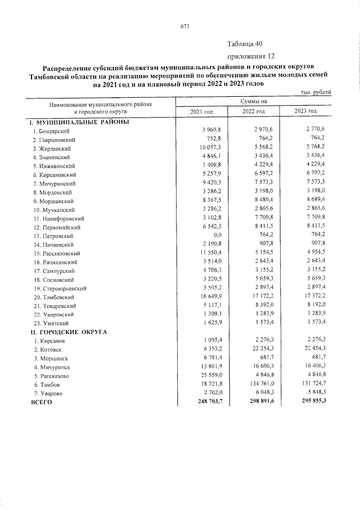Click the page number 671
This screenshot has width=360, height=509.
pyautogui.click(x=184, y=26)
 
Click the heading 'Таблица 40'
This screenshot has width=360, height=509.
pyautogui.click(x=245, y=44)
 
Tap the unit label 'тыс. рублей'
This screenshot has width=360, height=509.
pyautogui.click(x=315, y=92)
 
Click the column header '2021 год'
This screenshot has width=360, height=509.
pyautogui.click(x=202, y=111)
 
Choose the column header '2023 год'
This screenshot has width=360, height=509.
pyautogui.click(x=305, y=111)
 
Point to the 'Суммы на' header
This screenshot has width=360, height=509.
pyautogui.click(x=253, y=101)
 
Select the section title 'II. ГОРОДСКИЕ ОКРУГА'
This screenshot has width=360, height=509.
pyautogui.click(x=70, y=332)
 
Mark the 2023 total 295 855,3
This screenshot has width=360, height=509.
pyautogui.click(x=310, y=402)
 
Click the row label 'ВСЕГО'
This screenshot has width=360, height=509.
pyautogui.click(x=40, y=402)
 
